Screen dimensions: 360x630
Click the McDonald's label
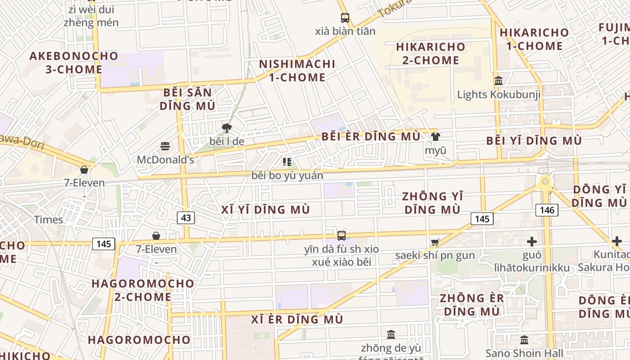click(165, 160)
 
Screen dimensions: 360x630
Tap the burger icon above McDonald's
click(165, 146)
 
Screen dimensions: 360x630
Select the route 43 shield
click(186, 218)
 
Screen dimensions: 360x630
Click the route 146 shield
click(547, 210)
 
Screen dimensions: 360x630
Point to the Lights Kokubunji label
click(499, 94)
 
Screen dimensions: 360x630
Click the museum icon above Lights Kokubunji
click(499, 81)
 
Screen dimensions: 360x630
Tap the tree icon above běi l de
click(227, 128)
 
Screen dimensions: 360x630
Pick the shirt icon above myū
click(436, 136)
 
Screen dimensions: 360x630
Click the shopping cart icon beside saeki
click(435, 243)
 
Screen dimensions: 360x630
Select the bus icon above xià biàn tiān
click(345, 18)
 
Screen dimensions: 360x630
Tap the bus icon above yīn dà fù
click(342, 235)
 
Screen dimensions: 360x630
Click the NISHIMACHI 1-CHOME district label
click(297, 71)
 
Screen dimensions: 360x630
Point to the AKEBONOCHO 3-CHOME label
click(74, 63)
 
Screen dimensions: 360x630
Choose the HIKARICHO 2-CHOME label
click(431, 53)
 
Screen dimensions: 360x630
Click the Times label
click(49, 220)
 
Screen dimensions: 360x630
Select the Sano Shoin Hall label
click(524, 353)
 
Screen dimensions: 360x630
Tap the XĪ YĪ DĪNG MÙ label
click(265, 210)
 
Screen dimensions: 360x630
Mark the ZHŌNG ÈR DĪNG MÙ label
click(472, 305)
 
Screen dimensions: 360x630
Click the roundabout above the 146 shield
click(545, 182)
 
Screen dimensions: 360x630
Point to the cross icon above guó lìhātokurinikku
click(532, 242)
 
